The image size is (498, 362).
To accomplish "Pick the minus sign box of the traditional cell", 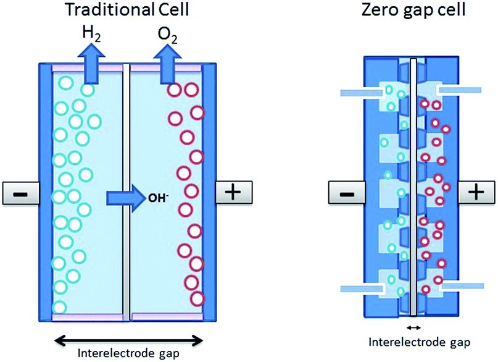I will pos(19,193).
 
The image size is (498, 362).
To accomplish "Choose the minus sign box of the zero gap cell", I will pos(348,193).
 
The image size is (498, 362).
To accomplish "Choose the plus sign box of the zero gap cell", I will pos(476,193).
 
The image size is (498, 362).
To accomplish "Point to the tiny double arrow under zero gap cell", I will pos(413,327).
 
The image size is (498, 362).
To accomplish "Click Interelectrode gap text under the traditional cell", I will pos(129,354).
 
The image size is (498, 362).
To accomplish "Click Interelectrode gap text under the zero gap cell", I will pos(413,342).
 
